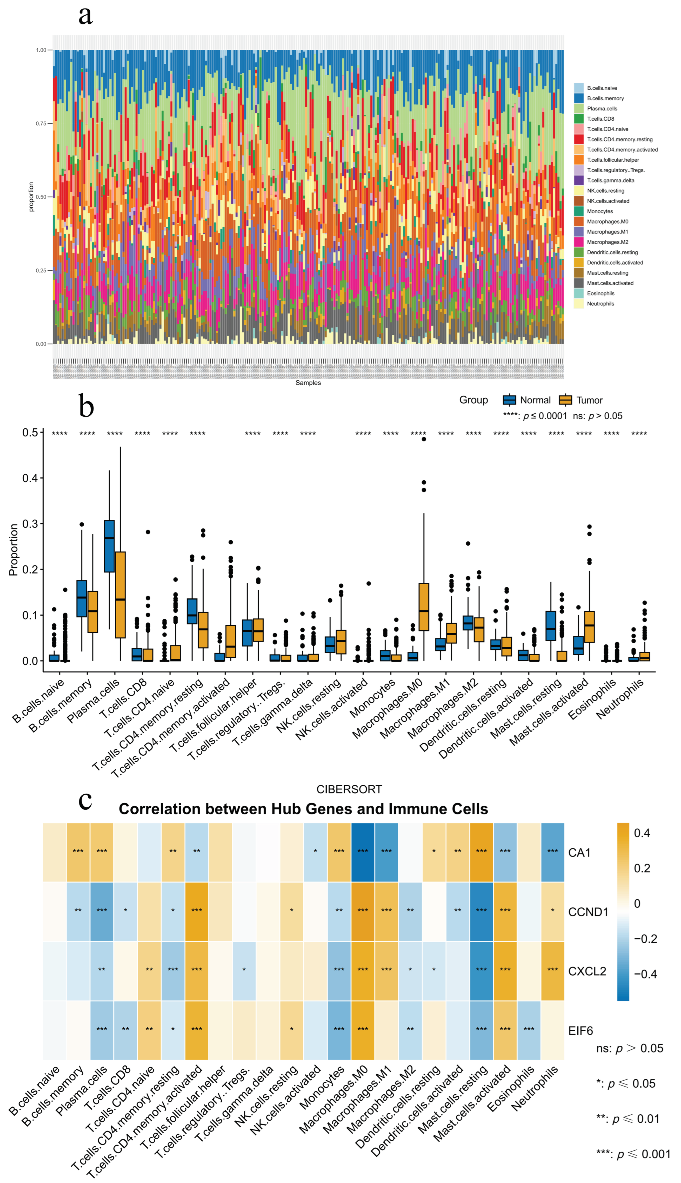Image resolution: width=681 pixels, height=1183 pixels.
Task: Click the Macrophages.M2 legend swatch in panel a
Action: [579, 242]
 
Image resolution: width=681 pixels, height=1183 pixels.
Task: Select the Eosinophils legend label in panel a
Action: [600, 293]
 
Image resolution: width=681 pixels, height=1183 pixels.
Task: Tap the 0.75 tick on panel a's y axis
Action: [41, 123]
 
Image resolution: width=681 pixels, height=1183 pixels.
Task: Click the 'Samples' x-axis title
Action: [308, 383]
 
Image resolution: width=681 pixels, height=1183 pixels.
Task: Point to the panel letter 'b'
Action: [86, 405]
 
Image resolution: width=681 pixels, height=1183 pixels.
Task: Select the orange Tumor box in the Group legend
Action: [565, 400]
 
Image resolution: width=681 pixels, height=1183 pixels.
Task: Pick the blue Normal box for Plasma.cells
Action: [109, 546]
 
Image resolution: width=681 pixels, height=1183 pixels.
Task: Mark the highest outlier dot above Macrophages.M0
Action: [424, 439]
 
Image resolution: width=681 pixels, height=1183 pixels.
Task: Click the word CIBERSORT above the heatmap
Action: [349, 789]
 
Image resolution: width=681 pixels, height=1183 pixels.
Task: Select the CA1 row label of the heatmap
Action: [579, 853]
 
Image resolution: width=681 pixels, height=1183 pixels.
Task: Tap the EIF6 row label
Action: [580, 1031]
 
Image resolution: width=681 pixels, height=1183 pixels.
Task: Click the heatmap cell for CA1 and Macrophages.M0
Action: [363, 853]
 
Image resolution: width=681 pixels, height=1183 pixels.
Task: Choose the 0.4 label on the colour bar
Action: [642, 833]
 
